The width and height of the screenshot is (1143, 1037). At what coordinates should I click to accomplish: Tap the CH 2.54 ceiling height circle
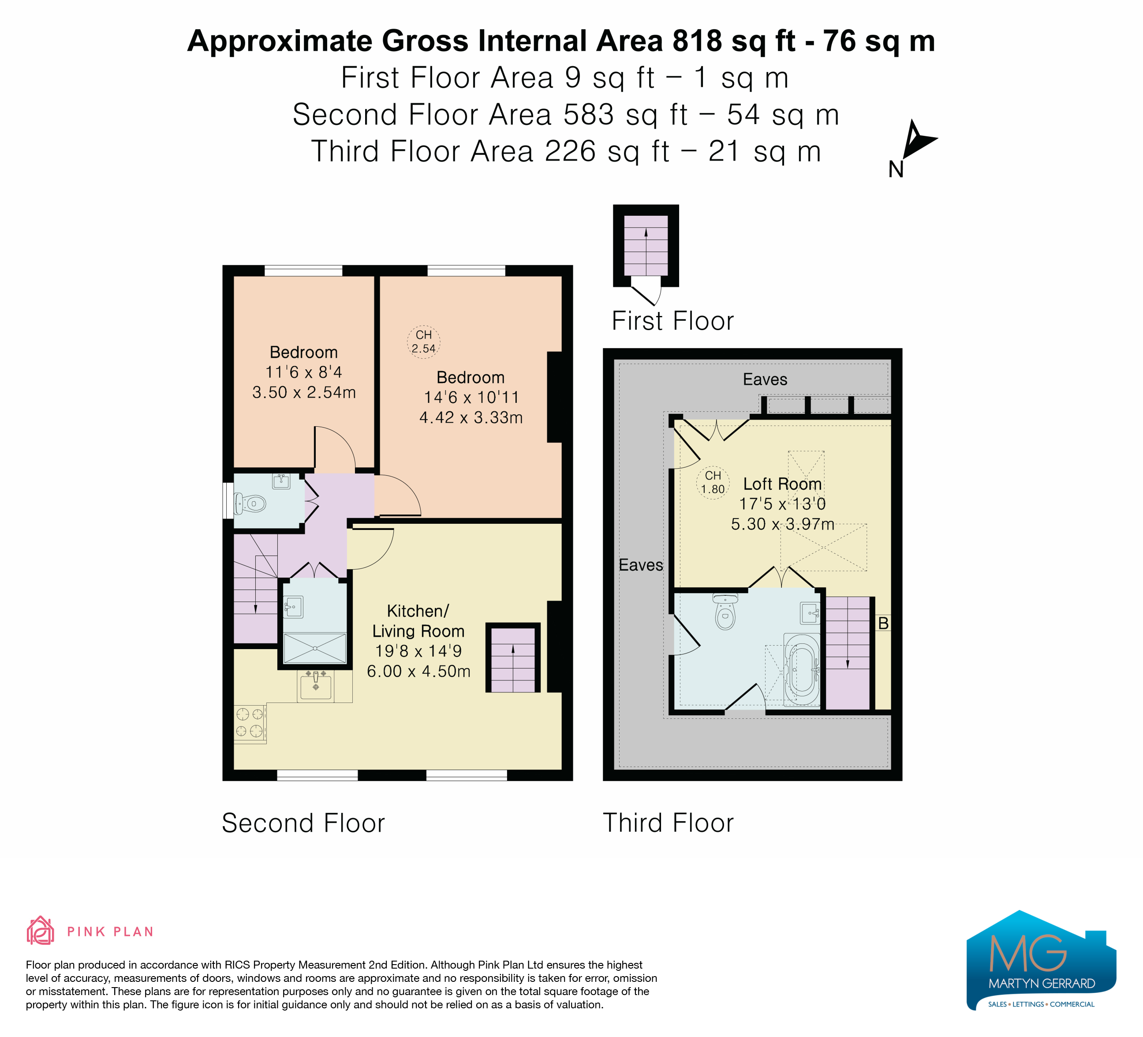pyautogui.click(x=423, y=342)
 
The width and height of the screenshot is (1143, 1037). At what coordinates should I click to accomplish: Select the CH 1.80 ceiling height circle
pyautogui.click(x=713, y=482)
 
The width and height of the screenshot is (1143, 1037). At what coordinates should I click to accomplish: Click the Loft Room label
pyautogui.click(x=782, y=484)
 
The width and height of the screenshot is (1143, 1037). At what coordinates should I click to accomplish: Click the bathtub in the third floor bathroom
pyautogui.click(x=801, y=669)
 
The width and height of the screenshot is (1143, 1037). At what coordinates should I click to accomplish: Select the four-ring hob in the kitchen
pyautogui.click(x=250, y=723)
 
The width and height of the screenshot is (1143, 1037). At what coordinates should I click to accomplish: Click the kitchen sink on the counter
pyautogui.click(x=315, y=686)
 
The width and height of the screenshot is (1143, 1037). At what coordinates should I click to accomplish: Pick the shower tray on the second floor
pyautogui.click(x=315, y=648)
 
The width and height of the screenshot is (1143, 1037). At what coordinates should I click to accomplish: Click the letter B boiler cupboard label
pyautogui.click(x=883, y=624)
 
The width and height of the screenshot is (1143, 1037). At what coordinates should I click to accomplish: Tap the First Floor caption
pyautogui.click(x=672, y=321)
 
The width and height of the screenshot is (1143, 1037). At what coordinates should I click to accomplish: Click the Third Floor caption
pyautogui.click(x=668, y=823)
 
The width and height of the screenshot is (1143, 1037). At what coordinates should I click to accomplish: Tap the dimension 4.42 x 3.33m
pyautogui.click(x=471, y=417)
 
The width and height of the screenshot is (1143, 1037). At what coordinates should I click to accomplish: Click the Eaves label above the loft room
pyautogui.click(x=765, y=379)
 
